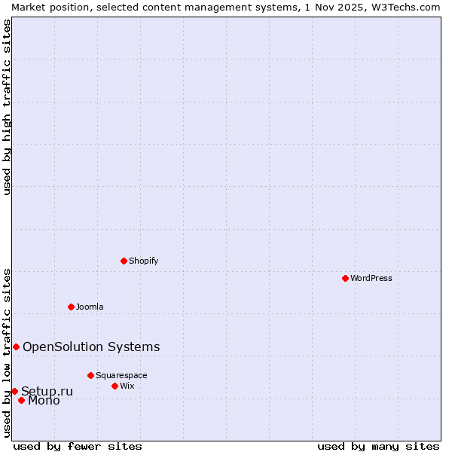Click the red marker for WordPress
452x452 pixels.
tap(345, 278)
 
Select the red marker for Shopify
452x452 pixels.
tap(124, 261)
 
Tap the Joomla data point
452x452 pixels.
tap(71, 307)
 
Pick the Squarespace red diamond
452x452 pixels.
tap(90, 375)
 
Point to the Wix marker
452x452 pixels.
tap(115, 386)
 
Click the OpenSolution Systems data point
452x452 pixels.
tap(16, 347)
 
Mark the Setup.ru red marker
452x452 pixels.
tap(14, 391)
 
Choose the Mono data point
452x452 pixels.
tap(21, 400)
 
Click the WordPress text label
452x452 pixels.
tap(371, 278)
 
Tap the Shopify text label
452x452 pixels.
tap(143, 261)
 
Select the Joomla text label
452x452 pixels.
tap(90, 307)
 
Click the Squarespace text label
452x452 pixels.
tap(121, 375)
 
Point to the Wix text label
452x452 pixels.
tap(127, 386)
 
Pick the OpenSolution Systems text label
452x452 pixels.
tap(91, 347)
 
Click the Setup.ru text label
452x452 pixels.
tap(47, 391)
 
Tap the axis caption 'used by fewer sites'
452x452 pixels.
tap(78, 446)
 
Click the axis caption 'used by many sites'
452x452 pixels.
tap(378, 446)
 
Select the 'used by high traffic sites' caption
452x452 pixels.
tap(7, 107)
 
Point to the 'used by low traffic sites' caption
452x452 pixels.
tap(7, 353)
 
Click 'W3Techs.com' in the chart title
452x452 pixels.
tap(403, 7)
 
